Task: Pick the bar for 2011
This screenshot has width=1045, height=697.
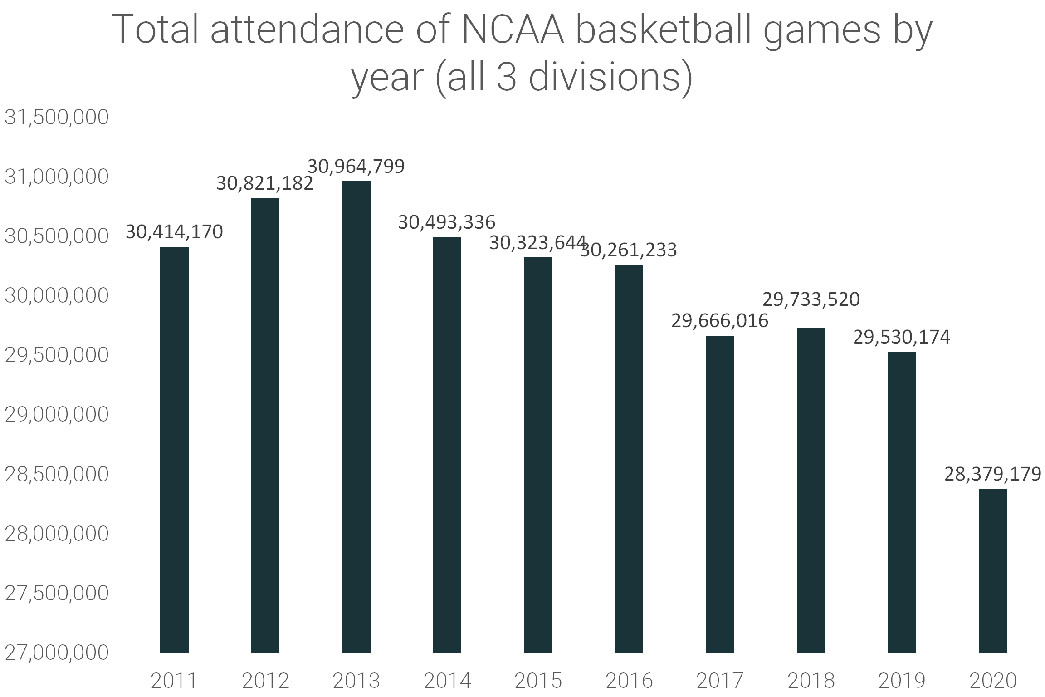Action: point(174,449)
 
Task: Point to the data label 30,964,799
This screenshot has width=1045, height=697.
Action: point(356,167)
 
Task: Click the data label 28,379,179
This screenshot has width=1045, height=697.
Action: point(992,474)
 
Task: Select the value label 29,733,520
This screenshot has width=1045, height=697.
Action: point(811,299)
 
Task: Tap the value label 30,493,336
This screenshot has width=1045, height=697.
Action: point(447,222)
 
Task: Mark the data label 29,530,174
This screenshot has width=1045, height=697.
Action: point(902,337)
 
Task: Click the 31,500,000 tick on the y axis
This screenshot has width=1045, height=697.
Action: point(57,117)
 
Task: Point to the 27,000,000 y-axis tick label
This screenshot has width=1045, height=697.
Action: point(57,653)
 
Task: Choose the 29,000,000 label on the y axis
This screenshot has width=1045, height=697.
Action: point(57,414)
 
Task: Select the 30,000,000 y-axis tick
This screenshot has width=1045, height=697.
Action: point(57,295)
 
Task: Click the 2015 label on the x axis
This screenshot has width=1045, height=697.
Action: point(538,681)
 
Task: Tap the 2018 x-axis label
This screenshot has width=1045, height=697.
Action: point(811,681)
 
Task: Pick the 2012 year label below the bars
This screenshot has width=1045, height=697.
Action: point(265,681)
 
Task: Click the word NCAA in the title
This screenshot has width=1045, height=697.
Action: point(512,30)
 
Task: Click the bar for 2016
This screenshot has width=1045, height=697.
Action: point(629,458)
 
